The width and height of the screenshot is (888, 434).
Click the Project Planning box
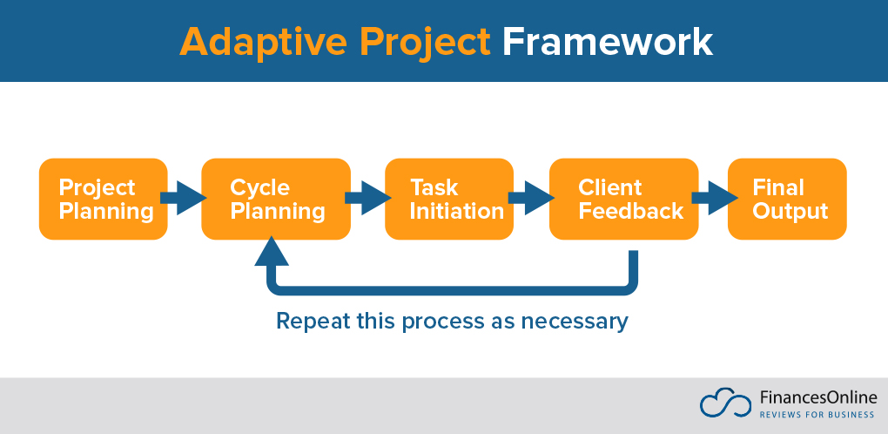point(103,199)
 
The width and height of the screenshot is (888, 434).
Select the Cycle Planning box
point(275,199)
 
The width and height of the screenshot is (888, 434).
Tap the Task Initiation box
point(448,199)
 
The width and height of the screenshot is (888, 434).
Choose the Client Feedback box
point(623,199)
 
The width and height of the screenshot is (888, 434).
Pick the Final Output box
point(787,199)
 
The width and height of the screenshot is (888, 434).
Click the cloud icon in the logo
point(724,403)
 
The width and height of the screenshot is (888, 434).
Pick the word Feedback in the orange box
point(631,211)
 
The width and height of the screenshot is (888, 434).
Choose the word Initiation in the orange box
point(457,211)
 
